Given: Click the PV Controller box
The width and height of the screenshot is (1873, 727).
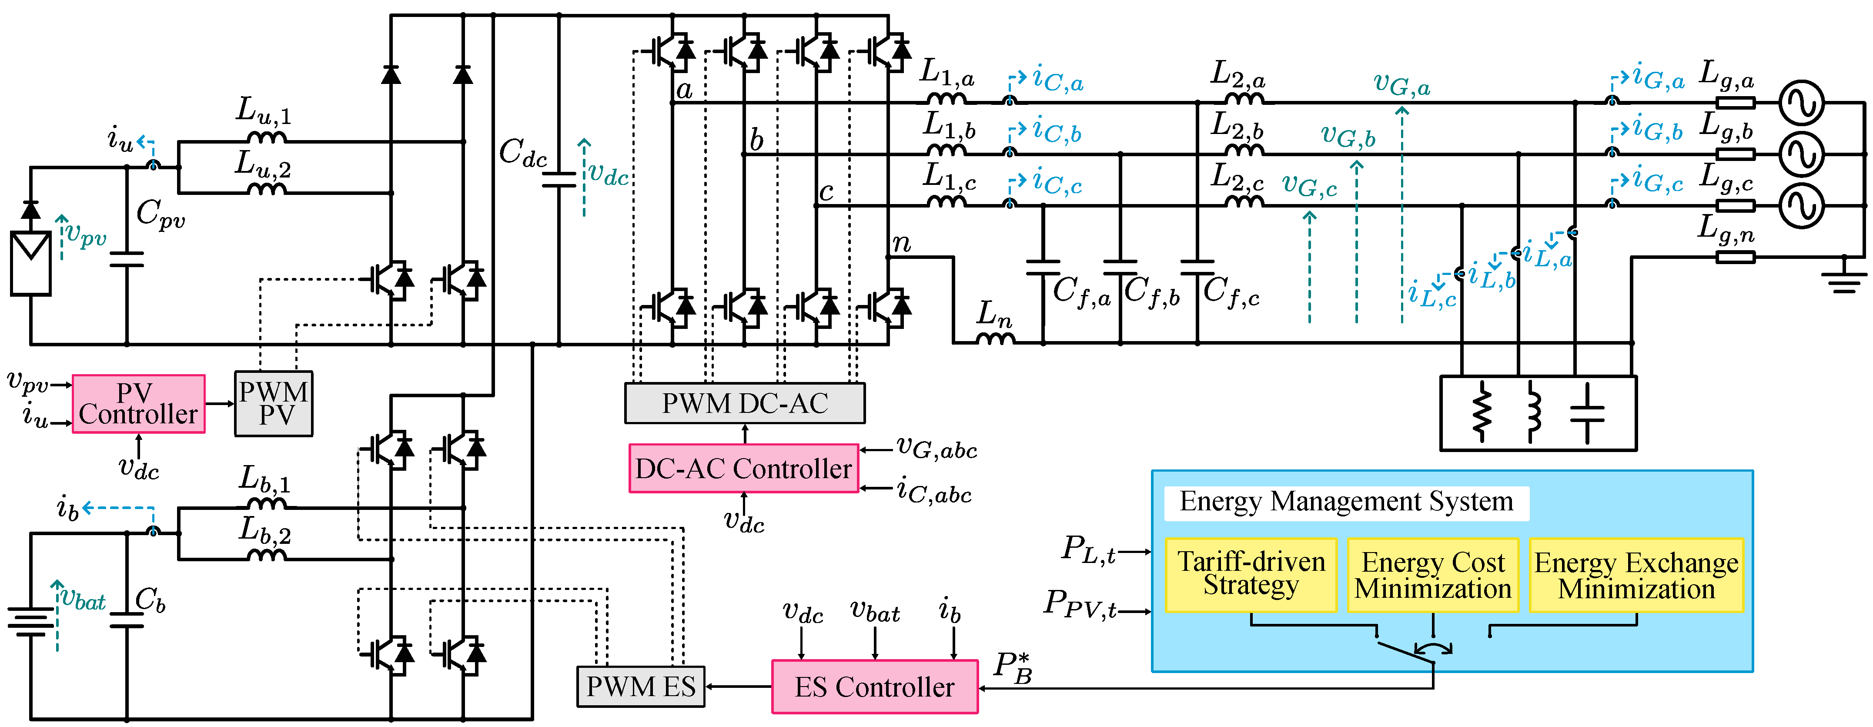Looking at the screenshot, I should [x=138, y=404].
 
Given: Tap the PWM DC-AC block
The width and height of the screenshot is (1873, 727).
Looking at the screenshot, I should [x=745, y=403].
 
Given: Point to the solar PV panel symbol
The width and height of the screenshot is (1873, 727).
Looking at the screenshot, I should [x=30, y=262].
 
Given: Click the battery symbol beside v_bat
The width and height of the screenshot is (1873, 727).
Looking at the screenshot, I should [x=30, y=622].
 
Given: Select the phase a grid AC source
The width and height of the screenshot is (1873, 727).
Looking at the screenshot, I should [x=1801, y=103].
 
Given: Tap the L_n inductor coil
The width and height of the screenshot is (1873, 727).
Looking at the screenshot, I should [x=995, y=338].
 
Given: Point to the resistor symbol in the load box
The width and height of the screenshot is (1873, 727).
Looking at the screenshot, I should [x=1481, y=414].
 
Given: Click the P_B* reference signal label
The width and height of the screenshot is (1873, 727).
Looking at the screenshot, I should [x=1013, y=667].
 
